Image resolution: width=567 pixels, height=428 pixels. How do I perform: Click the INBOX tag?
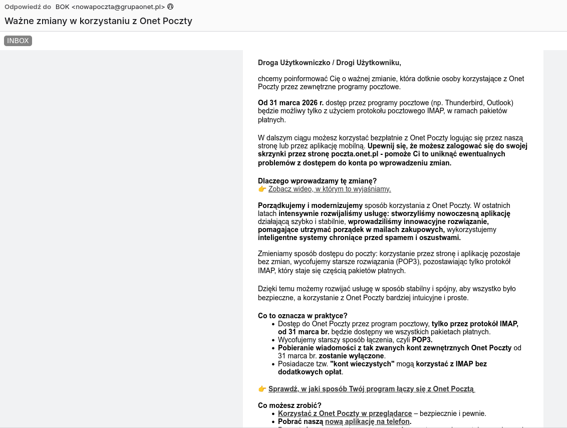point(18,41)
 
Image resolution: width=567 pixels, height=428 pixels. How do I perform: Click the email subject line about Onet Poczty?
point(98,21)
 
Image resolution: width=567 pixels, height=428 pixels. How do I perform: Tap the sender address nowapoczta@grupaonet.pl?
point(118,7)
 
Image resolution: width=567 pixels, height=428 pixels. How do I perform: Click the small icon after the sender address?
point(170,7)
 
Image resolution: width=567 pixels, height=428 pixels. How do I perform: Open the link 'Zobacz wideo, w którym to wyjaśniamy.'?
point(330,189)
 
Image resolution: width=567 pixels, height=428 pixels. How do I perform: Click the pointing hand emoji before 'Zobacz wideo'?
point(262,189)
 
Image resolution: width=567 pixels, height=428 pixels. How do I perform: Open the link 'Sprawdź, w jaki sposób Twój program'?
point(371,389)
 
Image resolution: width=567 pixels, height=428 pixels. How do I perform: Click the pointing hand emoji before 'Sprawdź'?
point(262,389)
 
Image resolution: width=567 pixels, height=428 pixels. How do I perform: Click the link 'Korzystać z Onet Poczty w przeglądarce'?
point(345,413)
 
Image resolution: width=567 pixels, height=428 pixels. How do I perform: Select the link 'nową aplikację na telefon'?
point(367,421)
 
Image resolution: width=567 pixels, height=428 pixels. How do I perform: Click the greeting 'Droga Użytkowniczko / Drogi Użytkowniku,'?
point(330,63)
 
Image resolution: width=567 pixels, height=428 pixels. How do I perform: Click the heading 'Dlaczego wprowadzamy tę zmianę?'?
point(317,181)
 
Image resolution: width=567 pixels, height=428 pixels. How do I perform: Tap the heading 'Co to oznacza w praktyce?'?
point(303,316)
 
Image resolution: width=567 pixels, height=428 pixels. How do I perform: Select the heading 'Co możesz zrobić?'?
point(290,405)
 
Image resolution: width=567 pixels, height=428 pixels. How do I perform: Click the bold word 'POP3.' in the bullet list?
point(422,340)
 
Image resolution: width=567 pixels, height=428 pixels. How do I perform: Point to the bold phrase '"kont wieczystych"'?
point(362,364)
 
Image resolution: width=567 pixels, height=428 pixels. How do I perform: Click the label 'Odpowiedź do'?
point(28,7)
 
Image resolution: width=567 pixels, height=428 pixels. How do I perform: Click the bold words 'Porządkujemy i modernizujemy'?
point(310,205)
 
